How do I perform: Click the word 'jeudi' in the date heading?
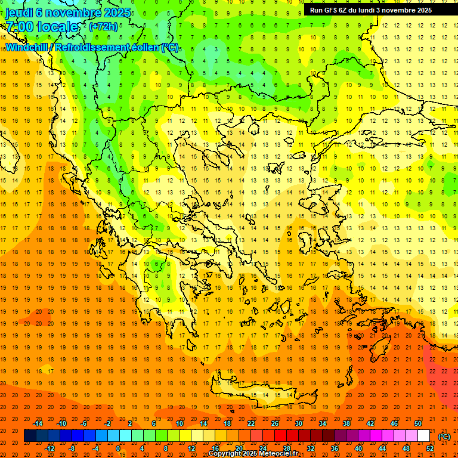(19, 12)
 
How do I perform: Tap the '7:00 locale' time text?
(42, 27)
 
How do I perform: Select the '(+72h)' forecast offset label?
(103, 27)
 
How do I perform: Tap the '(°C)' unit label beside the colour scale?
(444, 437)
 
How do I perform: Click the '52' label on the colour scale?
(430, 448)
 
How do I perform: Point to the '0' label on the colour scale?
(118, 448)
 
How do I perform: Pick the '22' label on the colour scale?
(251, 423)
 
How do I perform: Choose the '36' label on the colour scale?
(335, 448)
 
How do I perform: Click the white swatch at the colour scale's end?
(424, 436)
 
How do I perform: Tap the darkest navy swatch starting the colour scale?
(30, 436)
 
